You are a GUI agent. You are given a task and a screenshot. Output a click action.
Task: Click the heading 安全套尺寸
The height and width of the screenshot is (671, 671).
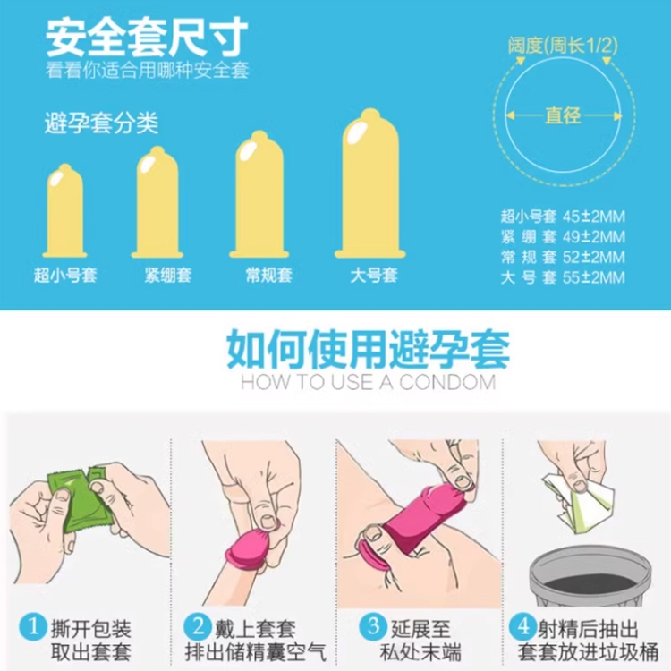coord(147,38)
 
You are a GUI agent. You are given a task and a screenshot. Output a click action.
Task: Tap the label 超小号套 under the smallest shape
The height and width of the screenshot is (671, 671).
coord(65,276)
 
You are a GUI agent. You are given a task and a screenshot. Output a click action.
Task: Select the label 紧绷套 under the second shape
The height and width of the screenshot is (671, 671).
coord(168,276)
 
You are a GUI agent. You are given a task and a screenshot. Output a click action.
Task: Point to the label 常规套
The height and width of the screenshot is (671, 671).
coord(268,276)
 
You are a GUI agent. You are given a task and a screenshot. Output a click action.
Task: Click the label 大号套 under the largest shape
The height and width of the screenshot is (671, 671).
coord(374,276)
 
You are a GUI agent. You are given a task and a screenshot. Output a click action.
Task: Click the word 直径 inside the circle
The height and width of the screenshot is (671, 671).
coord(563,115)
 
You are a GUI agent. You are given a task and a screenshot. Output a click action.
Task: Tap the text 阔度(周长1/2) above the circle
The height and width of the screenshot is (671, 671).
coord(563,45)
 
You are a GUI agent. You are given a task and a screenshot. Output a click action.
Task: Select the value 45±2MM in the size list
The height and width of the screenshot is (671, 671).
coord(594,217)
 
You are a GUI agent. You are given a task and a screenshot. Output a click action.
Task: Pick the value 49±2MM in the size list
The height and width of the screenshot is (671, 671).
coord(594,237)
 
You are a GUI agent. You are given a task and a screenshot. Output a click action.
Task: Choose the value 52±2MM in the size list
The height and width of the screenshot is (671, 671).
coord(594,257)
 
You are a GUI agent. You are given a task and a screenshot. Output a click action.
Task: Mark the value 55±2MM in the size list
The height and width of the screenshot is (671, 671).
coord(594,277)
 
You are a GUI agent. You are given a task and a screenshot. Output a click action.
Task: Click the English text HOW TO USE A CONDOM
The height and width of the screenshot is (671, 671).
coord(369,382)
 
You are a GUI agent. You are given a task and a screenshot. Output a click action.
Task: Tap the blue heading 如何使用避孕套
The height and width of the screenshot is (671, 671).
coord(369,349)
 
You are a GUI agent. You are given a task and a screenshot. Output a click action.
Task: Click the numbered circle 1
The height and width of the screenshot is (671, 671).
coord(33,627)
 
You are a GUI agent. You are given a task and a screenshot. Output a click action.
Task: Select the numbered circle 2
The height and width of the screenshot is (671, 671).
coord(198,627)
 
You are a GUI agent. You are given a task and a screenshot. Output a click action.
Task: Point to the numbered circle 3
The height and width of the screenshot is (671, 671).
coord(373,627)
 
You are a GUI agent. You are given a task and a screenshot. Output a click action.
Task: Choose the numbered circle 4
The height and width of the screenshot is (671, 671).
coord(523,627)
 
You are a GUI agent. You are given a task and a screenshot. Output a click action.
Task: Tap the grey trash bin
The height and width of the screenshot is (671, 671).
coord(590,575)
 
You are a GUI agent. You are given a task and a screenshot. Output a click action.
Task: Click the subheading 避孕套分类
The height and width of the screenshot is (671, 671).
coord(101,123)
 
